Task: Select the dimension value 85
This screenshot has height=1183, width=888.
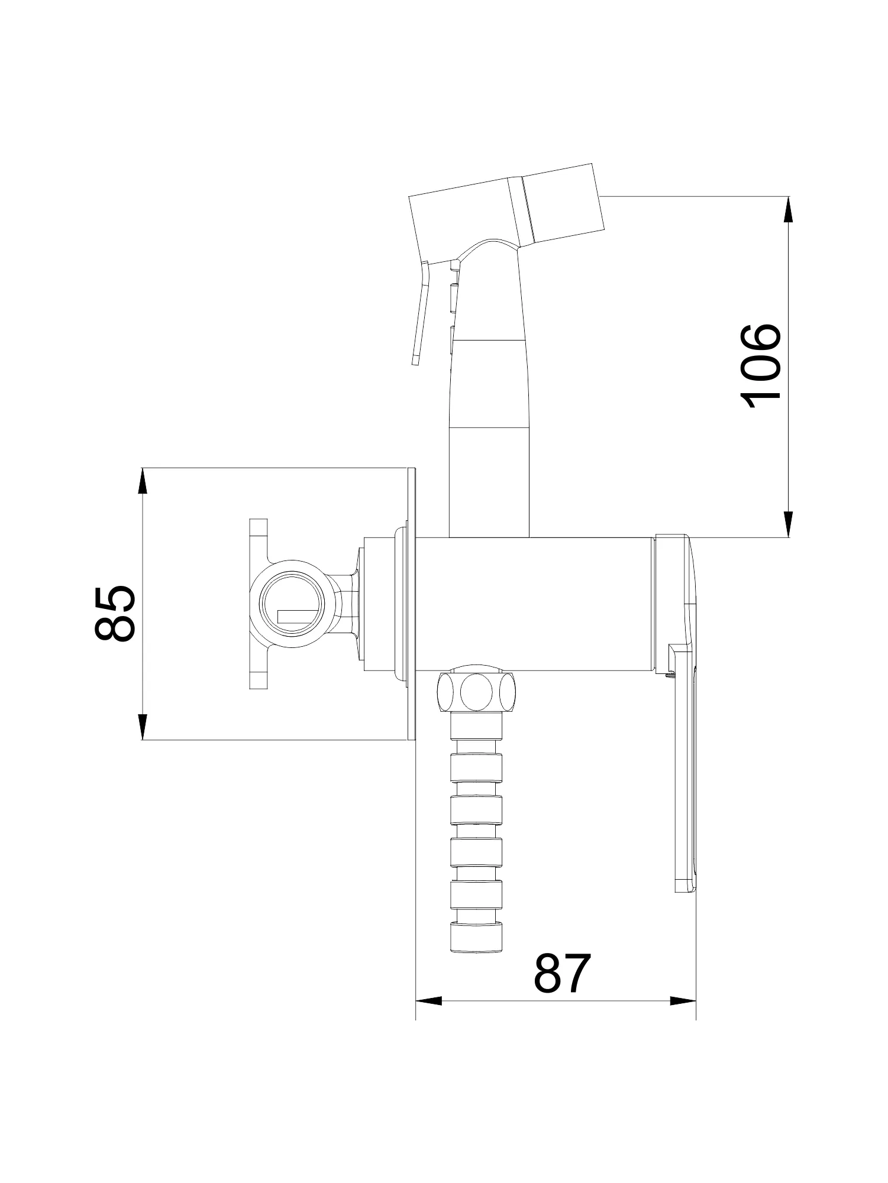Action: point(115,613)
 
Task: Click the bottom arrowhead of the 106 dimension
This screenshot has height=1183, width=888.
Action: point(789,524)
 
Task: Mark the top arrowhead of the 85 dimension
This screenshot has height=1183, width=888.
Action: point(142,481)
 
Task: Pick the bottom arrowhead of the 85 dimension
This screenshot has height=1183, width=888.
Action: point(142,727)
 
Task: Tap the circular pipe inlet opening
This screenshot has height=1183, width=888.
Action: point(293,607)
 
